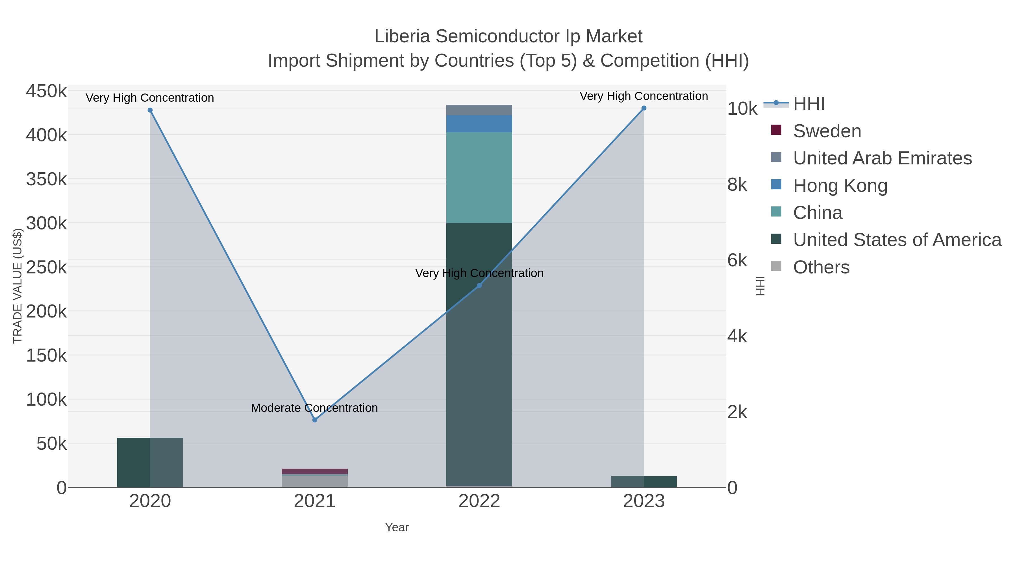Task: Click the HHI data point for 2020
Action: pos(150,110)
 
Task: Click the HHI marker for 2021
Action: pos(315,420)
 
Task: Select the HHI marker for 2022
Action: pos(479,285)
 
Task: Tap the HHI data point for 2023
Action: pos(644,108)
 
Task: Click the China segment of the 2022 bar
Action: pos(479,178)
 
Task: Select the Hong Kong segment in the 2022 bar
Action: pos(479,123)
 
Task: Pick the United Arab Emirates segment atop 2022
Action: pos(479,110)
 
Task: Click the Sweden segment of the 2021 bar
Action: pos(315,471)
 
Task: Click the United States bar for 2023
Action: pos(644,482)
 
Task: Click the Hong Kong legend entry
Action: pos(840,186)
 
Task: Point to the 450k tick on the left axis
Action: pos(47,91)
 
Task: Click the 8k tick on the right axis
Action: pos(737,185)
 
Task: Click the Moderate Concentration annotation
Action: pos(314,408)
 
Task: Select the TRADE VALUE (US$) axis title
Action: pos(18,286)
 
